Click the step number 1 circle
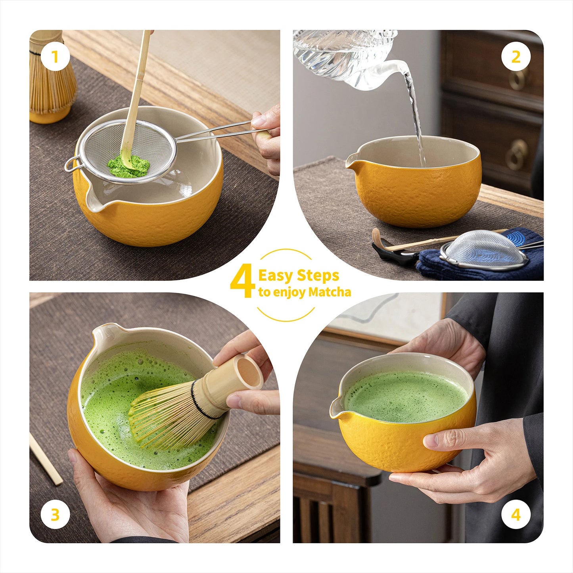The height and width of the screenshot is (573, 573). click(55, 57)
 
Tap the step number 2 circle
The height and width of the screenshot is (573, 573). click(516, 57)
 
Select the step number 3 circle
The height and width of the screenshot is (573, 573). click(55, 515)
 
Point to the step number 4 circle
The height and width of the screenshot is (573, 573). click(516, 515)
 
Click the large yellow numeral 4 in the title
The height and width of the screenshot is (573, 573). click(242, 282)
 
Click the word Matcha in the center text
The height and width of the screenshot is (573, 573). click(330, 293)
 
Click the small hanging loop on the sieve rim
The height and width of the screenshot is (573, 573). click(71, 164)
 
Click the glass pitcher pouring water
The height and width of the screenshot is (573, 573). click(349, 56)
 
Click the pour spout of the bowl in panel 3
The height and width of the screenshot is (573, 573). click(104, 331)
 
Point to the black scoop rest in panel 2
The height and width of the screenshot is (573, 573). click(393, 254)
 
